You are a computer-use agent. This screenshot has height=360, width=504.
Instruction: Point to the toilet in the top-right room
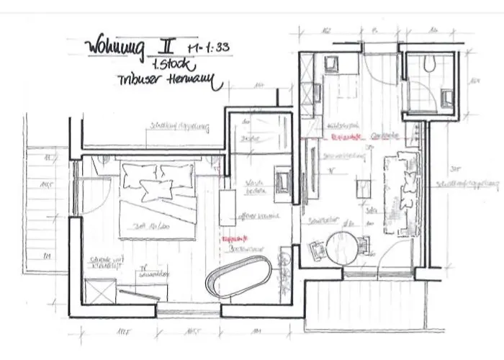coord(431,64)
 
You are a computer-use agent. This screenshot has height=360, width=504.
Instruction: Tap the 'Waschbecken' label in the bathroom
coord(253,186)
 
